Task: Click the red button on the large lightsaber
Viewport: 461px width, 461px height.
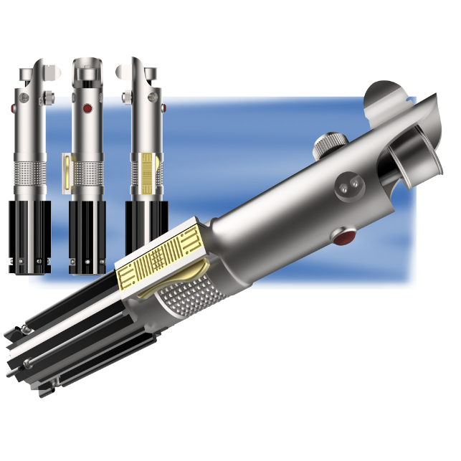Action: pos(346,235)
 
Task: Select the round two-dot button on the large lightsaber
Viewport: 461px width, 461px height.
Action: pos(348,186)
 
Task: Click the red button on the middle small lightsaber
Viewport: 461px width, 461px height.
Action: pos(87,109)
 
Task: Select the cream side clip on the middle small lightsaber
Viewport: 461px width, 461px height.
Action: pos(67,174)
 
